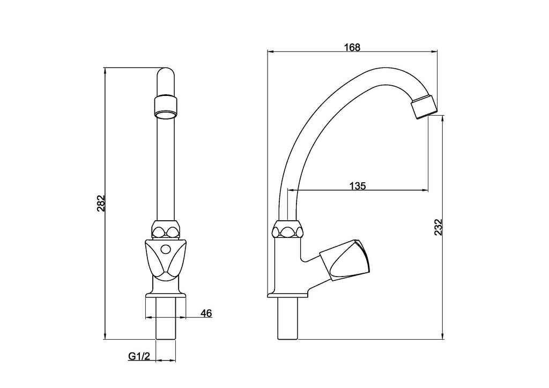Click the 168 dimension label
click(352, 47)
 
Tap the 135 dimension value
click(358, 186)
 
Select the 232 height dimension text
click(439, 227)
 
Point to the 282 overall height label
click(100, 203)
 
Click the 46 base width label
click(206, 313)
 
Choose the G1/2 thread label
click(139, 356)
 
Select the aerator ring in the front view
click(166, 108)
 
